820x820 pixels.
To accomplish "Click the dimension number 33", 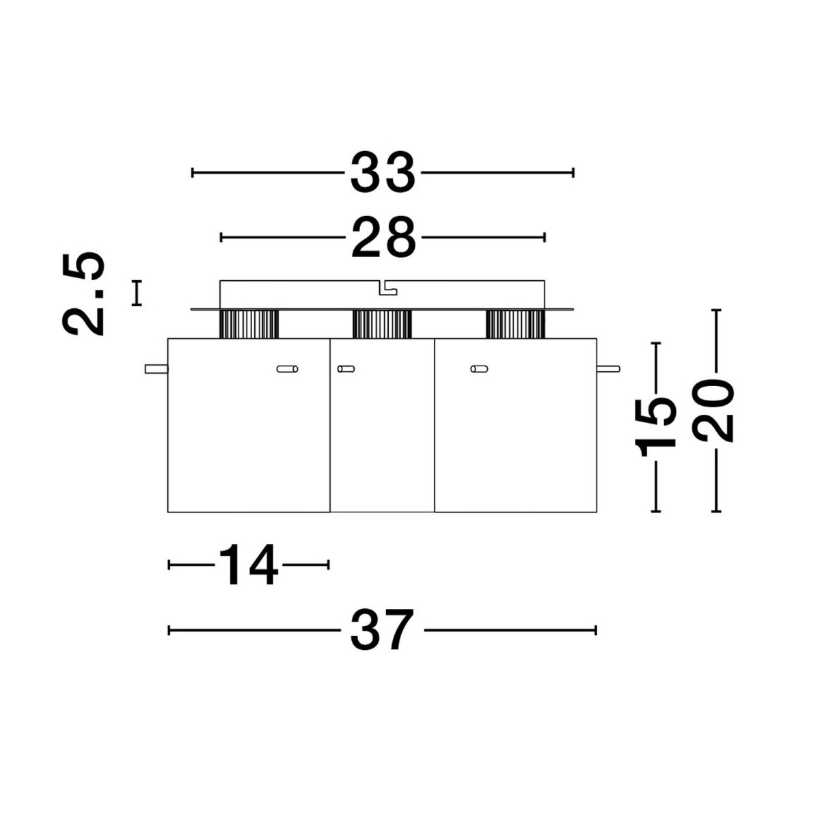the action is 382,172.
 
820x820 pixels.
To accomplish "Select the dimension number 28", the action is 383,237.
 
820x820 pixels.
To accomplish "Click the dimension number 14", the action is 249,564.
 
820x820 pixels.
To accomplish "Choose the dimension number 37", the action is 382,630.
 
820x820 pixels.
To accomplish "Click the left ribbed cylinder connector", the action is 249,325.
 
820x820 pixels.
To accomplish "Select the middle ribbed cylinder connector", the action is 382,325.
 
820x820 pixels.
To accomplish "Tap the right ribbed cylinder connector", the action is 515,325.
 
